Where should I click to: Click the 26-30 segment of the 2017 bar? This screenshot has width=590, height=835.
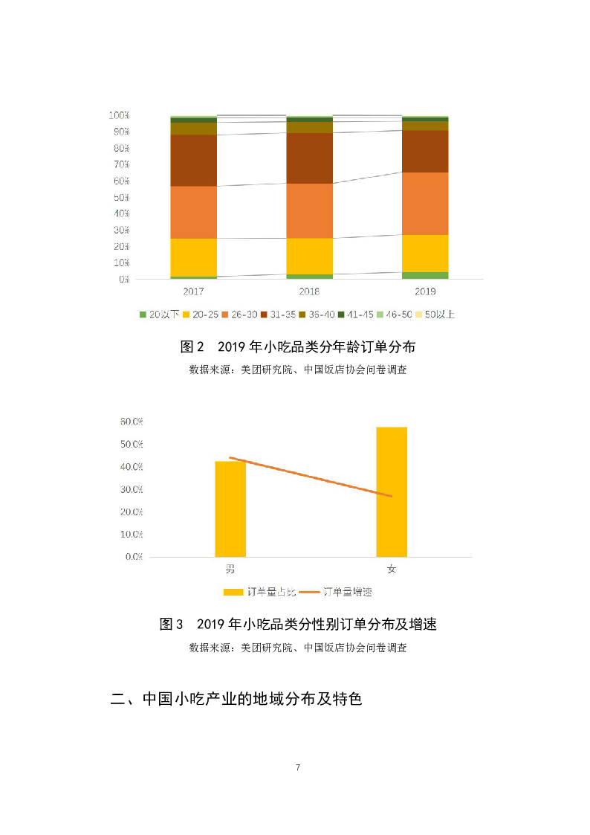click(x=193, y=212)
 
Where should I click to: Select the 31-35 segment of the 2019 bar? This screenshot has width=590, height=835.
click(x=424, y=151)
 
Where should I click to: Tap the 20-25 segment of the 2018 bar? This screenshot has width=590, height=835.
click(x=309, y=256)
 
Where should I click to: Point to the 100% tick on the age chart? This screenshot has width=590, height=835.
click(x=120, y=116)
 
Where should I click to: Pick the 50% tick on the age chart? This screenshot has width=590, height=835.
click(x=121, y=198)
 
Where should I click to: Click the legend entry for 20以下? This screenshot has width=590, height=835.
click(x=158, y=315)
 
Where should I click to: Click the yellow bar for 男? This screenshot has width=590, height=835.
click(x=230, y=509)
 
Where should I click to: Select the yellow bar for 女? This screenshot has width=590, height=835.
click(x=392, y=491)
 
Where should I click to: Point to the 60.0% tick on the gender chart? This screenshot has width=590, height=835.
click(x=132, y=422)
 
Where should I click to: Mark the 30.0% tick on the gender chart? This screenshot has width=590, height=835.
click(x=132, y=489)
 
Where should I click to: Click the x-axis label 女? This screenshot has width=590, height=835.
click(x=392, y=570)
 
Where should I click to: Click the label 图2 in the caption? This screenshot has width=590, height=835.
click(x=192, y=347)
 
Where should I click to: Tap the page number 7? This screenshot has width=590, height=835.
click(x=297, y=767)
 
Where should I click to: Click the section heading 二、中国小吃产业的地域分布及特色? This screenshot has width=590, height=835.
click(x=236, y=699)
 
